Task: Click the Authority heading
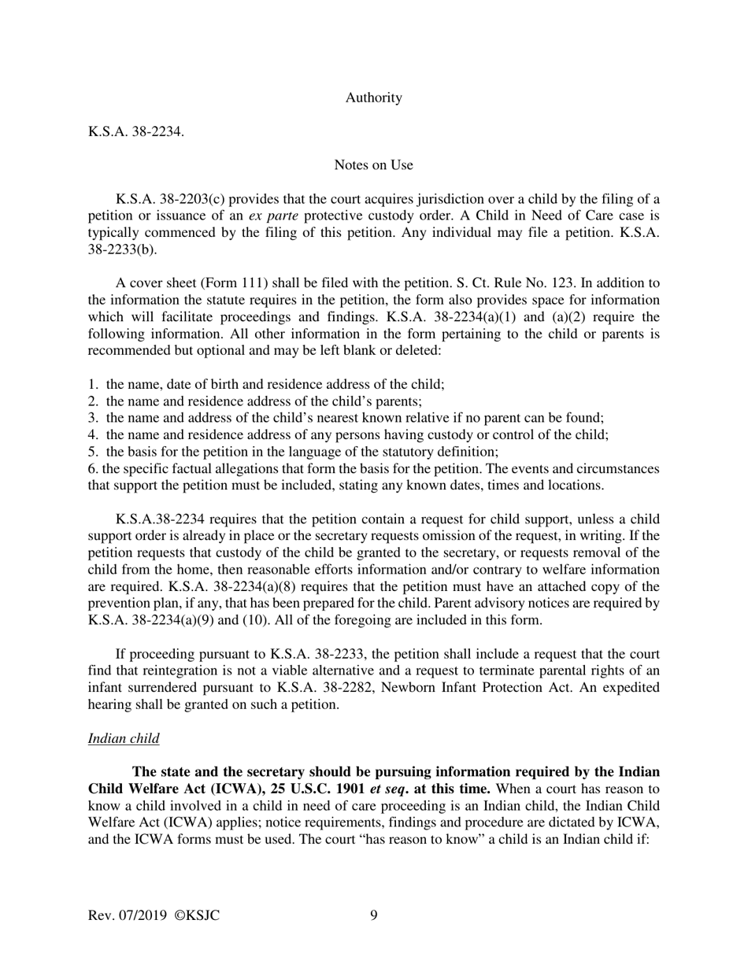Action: tap(373, 98)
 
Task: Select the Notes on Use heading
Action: tap(373, 164)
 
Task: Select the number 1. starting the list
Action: tap(93, 385)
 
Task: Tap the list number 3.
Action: tap(93, 418)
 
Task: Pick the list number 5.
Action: tap(93, 452)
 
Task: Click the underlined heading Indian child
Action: tap(124, 738)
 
